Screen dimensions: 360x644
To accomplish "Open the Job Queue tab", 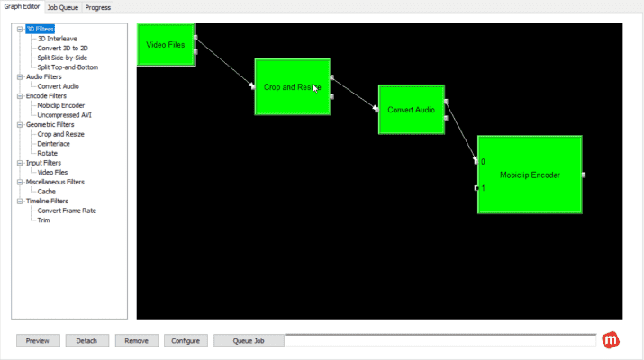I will tap(62, 7).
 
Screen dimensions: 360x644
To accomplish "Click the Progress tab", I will tap(98, 7).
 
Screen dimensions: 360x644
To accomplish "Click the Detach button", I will tap(87, 341).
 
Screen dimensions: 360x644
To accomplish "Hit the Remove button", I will tap(137, 341).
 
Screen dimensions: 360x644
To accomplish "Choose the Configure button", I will tap(186, 341).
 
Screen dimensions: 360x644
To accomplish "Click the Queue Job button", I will tap(249, 341).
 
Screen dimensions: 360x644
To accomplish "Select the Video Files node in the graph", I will tap(166, 45).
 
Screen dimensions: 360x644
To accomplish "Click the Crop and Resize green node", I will tap(292, 86).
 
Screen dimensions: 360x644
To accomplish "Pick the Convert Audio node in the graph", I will tap(411, 110).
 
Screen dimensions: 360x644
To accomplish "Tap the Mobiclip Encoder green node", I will tap(530, 175).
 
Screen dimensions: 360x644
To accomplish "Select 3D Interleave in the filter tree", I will tap(57, 39).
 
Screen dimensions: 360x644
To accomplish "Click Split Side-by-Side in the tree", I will tap(62, 58).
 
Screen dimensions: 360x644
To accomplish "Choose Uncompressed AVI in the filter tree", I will tap(64, 114).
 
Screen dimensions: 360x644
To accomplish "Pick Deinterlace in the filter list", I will tap(54, 143).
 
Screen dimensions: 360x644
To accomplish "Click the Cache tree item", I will tap(46, 191).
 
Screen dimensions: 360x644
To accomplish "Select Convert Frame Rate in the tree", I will tap(67, 211).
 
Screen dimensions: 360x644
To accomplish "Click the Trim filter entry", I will tap(43, 220).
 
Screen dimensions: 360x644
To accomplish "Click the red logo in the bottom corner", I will tap(612, 340).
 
